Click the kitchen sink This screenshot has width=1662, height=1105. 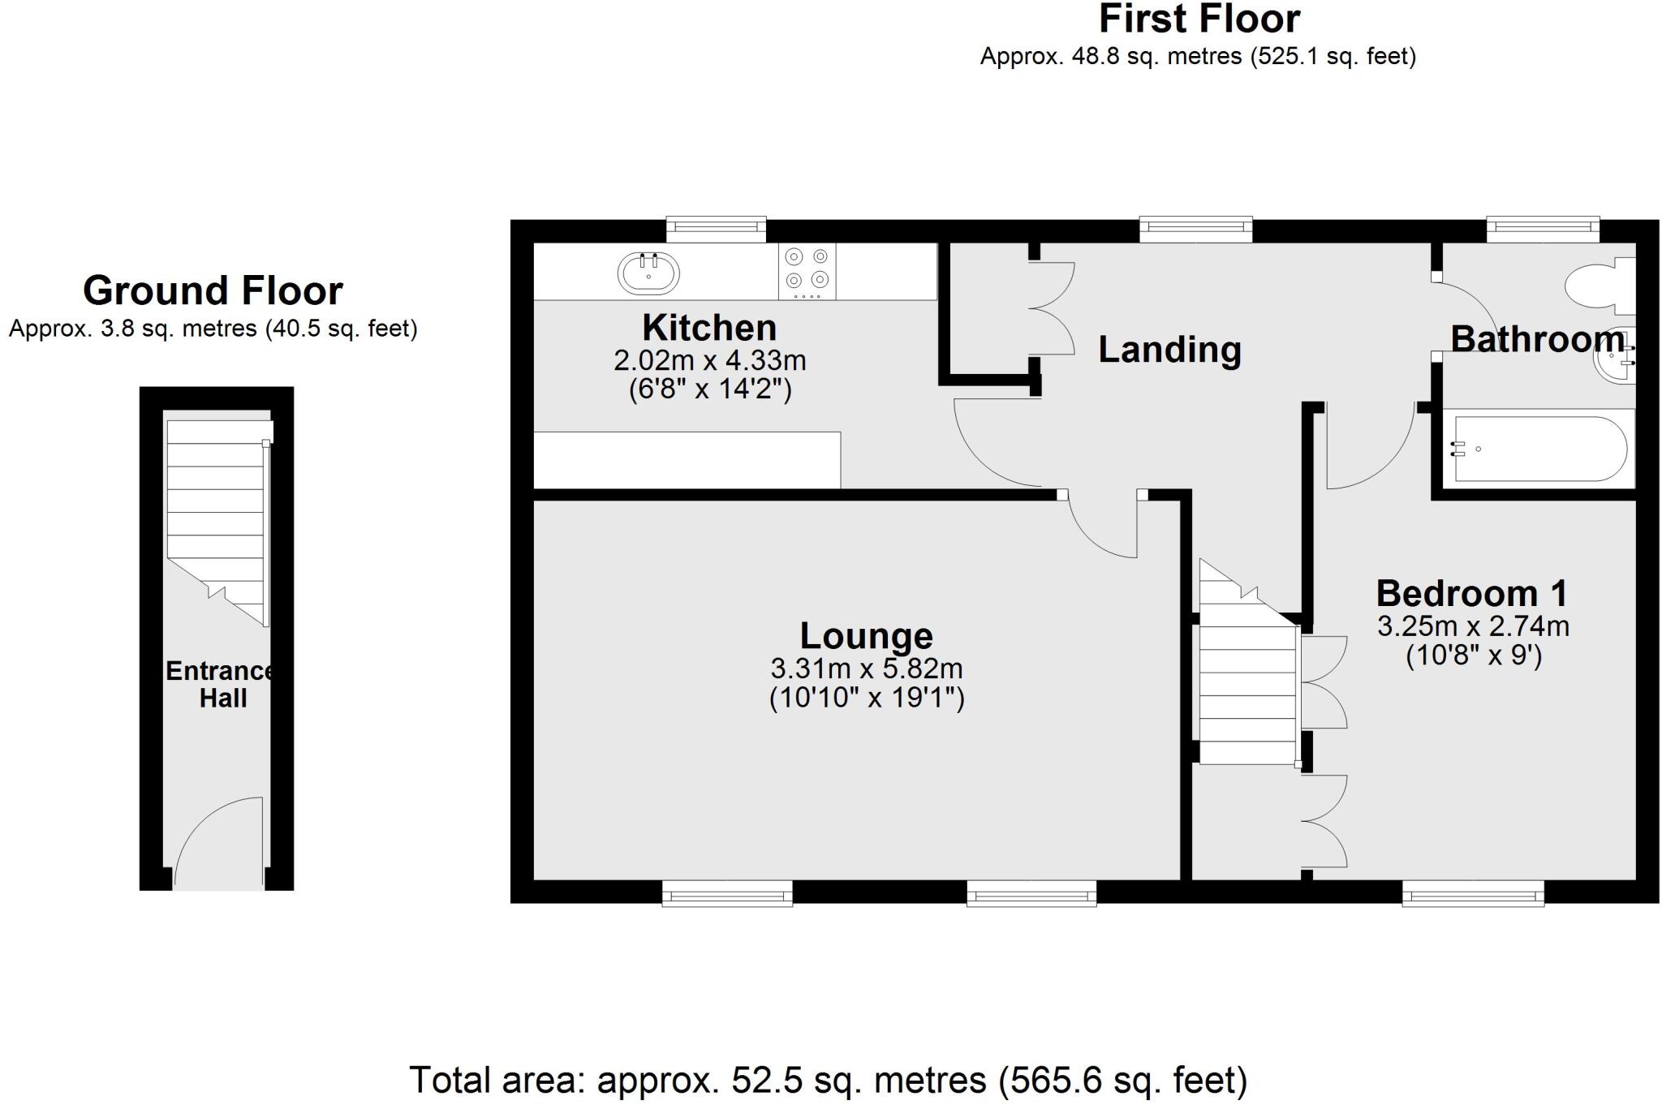point(648,273)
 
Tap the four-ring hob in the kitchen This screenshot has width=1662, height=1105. point(807,270)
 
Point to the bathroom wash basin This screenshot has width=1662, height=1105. point(1615,361)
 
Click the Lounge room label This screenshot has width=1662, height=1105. point(866,635)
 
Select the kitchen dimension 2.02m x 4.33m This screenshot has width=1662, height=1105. point(709,359)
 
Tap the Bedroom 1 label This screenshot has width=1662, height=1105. point(1471,594)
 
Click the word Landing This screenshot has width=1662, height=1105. point(1169,350)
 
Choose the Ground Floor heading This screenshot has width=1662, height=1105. point(213,290)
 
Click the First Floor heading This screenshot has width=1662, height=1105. point(1199,19)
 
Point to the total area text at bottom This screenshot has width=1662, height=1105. point(828,1080)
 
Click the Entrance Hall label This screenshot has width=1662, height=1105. point(221,684)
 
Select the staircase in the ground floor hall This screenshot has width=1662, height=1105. point(217,519)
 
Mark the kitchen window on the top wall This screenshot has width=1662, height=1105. point(716,230)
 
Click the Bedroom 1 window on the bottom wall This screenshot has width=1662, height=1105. point(1473,894)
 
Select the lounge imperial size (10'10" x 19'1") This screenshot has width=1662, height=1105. point(867,698)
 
